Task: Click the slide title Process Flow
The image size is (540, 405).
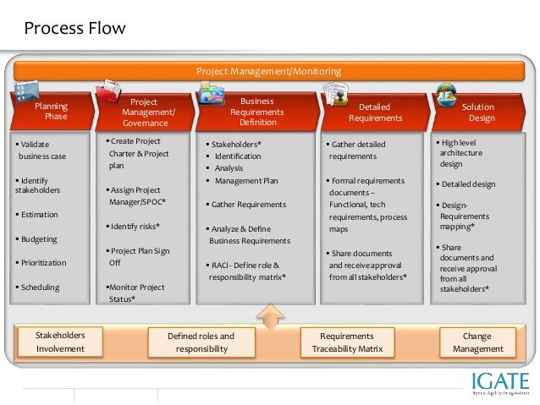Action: pos(74,29)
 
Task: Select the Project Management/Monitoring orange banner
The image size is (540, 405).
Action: pos(269,71)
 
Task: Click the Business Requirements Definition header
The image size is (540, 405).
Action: pos(257,112)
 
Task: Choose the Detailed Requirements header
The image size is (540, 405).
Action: pos(374,112)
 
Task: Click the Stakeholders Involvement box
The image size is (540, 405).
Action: pos(60,342)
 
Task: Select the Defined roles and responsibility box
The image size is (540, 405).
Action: pos(201,342)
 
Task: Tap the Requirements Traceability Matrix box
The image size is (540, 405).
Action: pos(347,342)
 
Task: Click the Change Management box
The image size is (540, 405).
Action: pos(477,342)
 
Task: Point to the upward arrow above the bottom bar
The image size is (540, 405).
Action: pos(269,317)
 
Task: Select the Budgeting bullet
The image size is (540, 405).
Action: pos(40,239)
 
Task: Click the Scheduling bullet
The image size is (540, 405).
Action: pos(40,287)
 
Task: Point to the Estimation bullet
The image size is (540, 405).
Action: pos(40,215)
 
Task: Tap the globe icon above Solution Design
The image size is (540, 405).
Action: pos(446,93)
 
